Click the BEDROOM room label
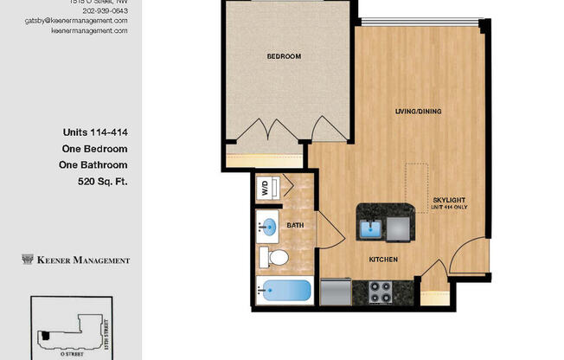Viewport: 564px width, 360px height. click(x=284, y=56)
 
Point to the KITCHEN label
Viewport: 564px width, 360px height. click(x=383, y=260)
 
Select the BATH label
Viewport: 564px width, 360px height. click(x=295, y=224)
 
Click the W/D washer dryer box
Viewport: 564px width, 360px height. click(x=264, y=187)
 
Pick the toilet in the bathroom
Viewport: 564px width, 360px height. click(x=275, y=258)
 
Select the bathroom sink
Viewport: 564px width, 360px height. click(x=270, y=228)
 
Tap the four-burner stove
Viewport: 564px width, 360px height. click(x=381, y=292)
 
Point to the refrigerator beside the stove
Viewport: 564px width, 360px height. click(x=336, y=292)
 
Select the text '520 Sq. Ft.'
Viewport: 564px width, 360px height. click(x=102, y=182)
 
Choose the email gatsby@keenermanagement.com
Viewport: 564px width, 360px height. click(x=89, y=21)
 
